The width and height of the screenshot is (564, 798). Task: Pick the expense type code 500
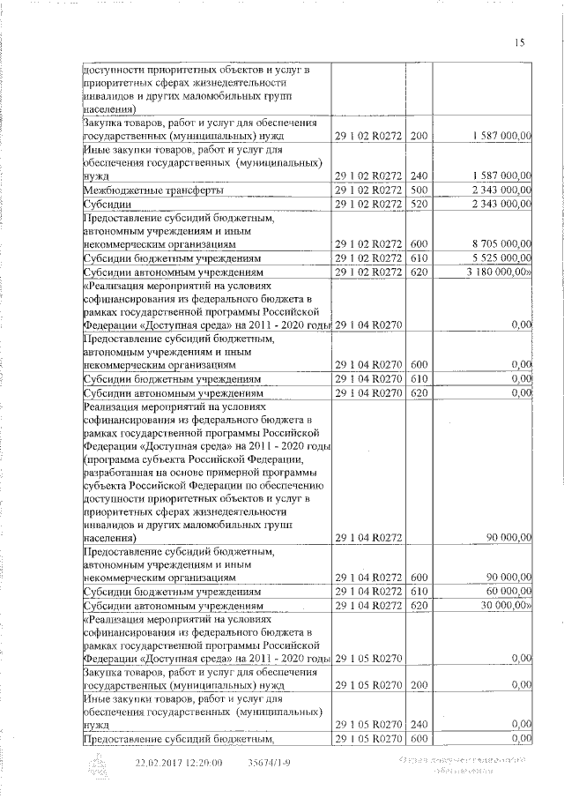419,190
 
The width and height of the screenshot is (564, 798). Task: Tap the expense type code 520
419,205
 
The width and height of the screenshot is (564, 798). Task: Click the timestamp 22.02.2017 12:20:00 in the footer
179,763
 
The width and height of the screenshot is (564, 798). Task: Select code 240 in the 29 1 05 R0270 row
419,722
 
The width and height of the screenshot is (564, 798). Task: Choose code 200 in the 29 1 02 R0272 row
419,136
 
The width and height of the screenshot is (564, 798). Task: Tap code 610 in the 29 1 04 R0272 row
419,591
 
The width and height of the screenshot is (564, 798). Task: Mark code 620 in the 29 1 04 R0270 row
419,392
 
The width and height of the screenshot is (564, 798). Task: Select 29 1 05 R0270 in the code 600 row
369,738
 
